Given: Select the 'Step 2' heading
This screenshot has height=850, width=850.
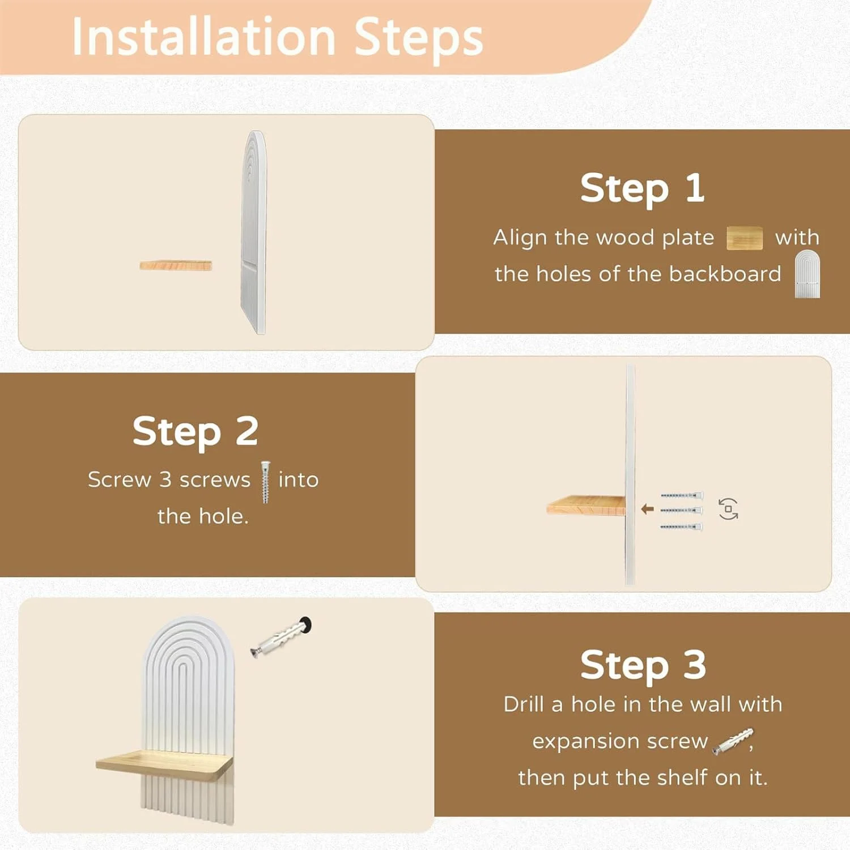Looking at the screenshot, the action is pyautogui.click(x=195, y=431).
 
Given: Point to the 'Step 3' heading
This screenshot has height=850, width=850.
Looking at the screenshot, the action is pyautogui.click(x=643, y=664).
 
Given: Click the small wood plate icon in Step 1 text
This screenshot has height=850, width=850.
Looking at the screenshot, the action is pyautogui.click(x=745, y=238).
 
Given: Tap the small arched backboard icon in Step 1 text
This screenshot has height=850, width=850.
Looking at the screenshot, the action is pyautogui.click(x=807, y=274).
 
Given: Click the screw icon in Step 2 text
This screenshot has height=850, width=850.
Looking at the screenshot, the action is pyautogui.click(x=265, y=482).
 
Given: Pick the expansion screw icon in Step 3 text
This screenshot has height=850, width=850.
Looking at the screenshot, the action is pyautogui.click(x=733, y=741).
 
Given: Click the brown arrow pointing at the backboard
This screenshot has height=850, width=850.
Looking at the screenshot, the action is pyautogui.click(x=647, y=509).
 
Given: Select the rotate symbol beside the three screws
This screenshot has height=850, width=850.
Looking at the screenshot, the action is pyautogui.click(x=728, y=509).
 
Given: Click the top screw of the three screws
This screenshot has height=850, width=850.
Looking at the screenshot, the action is pyautogui.click(x=681, y=495).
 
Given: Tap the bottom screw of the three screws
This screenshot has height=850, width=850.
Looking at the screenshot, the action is pyautogui.click(x=681, y=526).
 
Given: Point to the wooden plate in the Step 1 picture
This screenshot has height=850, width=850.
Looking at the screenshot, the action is pyautogui.click(x=176, y=265).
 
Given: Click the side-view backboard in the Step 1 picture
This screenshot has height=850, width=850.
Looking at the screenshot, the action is pyautogui.click(x=254, y=232).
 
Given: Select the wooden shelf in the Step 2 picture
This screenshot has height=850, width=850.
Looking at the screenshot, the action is pyautogui.click(x=586, y=505).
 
